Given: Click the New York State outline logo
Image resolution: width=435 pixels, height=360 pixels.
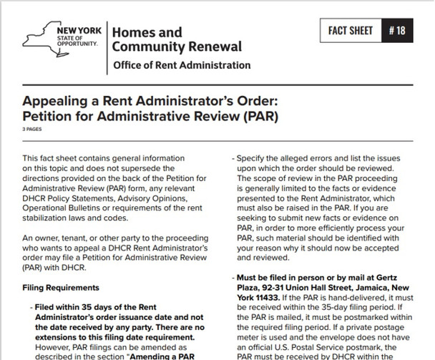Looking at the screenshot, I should click(49, 39).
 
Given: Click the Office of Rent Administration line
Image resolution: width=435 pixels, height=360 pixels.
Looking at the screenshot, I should click(182, 66).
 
